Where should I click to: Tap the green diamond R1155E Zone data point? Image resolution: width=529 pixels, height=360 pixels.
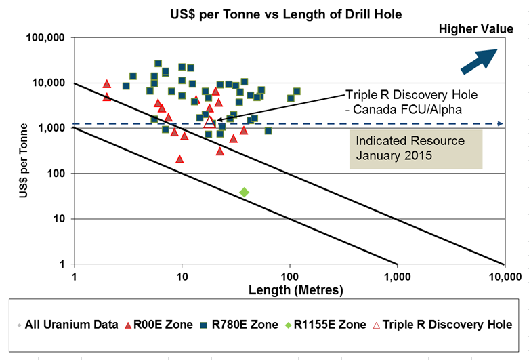pyautogui.click(x=245, y=193)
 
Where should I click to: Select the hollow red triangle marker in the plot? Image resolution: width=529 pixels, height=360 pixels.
pyautogui.click(x=210, y=122)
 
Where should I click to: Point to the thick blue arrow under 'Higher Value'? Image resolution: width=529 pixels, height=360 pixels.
pyautogui.click(x=480, y=60)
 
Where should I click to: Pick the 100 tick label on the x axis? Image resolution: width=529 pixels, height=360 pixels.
pyautogui.click(x=289, y=277)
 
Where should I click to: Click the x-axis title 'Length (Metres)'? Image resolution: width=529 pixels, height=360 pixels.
pyautogui.click(x=287, y=290)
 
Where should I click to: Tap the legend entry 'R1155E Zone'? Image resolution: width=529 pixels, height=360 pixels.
pyautogui.click(x=321, y=324)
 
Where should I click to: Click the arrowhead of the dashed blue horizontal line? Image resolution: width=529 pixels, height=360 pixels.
pyautogui.click(x=500, y=123)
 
